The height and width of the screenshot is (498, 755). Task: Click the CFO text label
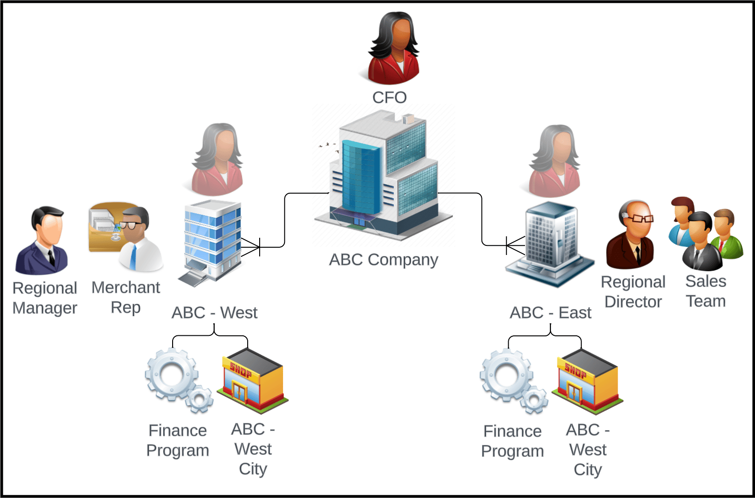[389, 98]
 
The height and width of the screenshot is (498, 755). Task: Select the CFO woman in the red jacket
[394, 48]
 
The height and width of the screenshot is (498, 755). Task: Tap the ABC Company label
[383, 260]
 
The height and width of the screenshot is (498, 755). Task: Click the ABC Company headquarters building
[383, 175]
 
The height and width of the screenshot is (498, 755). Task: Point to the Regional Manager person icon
[42, 240]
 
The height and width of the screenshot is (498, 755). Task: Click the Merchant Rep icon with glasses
[126, 236]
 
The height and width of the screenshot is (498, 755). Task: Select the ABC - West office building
[209, 243]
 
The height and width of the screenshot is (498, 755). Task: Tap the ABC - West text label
[214, 312]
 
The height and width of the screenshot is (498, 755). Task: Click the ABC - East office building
[550, 244]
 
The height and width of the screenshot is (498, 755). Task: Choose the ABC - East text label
[550, 312]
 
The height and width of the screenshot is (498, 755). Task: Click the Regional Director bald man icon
[630, 235]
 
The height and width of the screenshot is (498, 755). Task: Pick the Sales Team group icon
[706, 233]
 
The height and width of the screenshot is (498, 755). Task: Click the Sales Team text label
[706, 291]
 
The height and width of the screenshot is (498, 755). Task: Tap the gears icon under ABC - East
[514, 381]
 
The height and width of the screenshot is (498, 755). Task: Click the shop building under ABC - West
[252, 381]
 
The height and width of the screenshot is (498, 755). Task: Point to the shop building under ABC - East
[588, 382]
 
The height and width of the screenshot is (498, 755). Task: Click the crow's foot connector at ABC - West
[251, 247]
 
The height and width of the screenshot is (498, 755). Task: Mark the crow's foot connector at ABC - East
[515, 245]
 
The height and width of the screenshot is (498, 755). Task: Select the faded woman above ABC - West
[218, 159]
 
